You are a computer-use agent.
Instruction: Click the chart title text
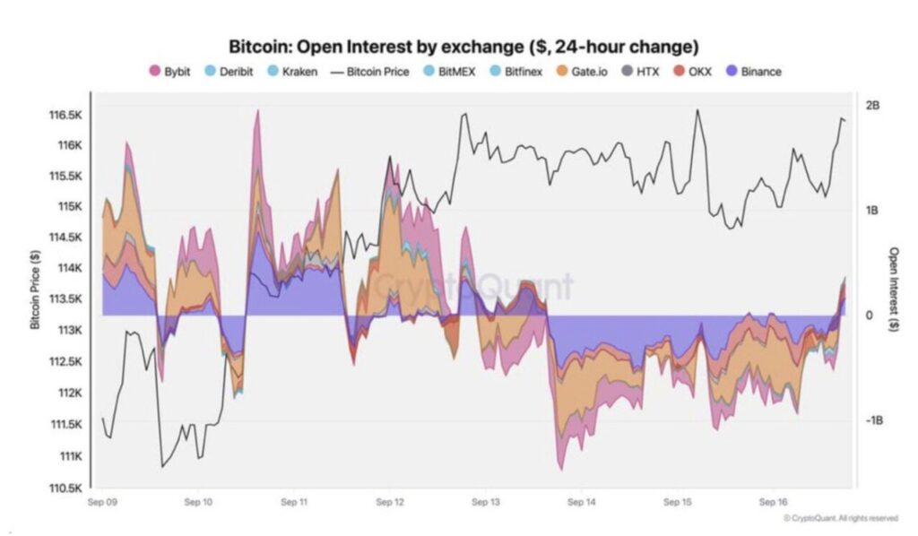[463, 46]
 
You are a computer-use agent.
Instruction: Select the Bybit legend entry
[169, 71]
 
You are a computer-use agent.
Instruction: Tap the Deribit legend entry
[229, 71]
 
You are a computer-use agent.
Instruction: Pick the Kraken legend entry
[291, 71]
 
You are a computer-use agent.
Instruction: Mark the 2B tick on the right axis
[873, 106]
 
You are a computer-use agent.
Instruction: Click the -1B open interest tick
[873, 420]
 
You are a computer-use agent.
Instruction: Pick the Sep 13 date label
[487, 504]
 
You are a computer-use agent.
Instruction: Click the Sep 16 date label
[773, 504]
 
